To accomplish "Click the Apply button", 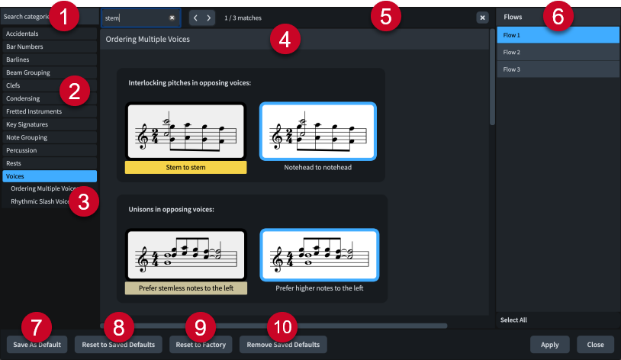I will pos(549,345).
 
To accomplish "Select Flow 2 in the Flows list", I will pos(557,53).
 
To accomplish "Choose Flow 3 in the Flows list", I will pos(557,69).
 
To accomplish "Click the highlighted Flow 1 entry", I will pos(557,35).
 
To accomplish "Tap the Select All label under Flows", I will pos(513,320).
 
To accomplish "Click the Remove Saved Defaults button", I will pos(283,345).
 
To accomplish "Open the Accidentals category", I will pos(49,34).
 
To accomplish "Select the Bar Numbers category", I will pos(49,47).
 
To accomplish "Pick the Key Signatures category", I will pos(49,124).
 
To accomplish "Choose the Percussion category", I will pos(49,150).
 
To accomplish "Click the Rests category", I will pos(49,163).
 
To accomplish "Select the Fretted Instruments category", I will pos(49,111).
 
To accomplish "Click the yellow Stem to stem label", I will pos(185,167).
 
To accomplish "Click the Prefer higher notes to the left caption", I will pos(319,289).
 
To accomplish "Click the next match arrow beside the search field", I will pos(208,17).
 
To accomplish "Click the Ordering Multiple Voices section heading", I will pos(148,39).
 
